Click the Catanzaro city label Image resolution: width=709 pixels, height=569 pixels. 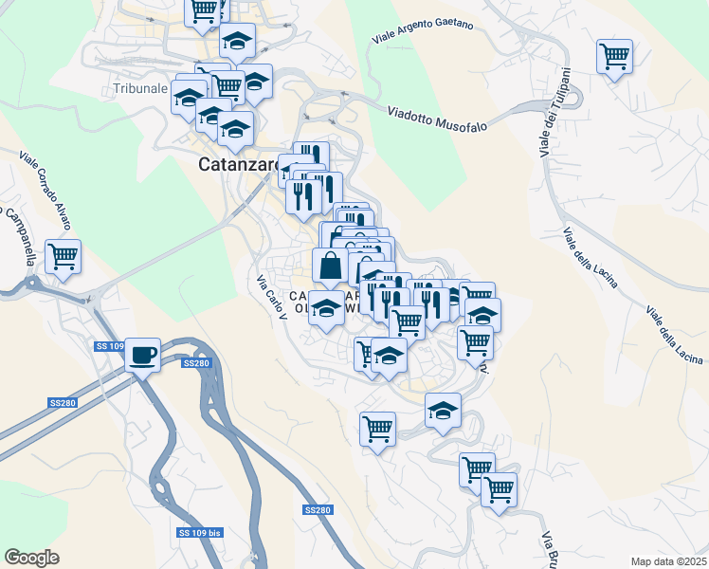pyautogui.click(x=240, y=164)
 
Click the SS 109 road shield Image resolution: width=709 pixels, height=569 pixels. pyautogui.click(x=110, y=347)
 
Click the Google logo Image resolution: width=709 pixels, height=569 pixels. pyautogui.click(x=31, y=558)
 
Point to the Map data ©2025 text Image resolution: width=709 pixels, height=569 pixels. pyautogui.click(x=668, y=561)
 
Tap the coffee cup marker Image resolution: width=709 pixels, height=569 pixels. pyautogui.click(x=142, y=355)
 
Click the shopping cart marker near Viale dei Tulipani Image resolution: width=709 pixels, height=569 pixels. pyautogui.click(x=614, y=56)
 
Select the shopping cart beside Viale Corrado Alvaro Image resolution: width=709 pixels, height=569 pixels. pyautogui.click(x=63, y=255)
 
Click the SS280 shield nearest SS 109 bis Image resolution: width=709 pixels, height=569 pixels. pyautogui.click(x=318, y=510)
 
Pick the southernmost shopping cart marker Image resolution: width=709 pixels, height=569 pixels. pyautogui.click(x=499, y=490)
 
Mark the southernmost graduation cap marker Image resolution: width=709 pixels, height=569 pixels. pyautogui.click(x=443, y=411)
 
